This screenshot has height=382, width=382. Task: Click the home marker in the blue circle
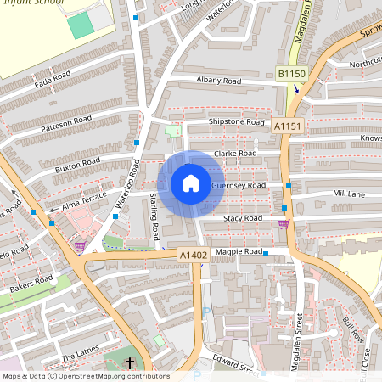click(191, 183)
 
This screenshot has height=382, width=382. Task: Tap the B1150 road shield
click(291, 76)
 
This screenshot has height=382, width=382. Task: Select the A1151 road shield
click(288, 126)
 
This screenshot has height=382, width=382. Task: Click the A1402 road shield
click(194, 254)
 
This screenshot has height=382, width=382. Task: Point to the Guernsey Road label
click(239, 185)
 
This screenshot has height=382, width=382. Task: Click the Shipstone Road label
click(238, 122)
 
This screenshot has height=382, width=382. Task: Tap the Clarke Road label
click(235, 154)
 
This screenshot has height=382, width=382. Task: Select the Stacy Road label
click(243, 218)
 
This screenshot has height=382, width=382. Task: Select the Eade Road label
click(53, 79)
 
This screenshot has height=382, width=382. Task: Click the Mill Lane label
click(348, 194)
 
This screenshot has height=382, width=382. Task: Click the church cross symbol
click(130, 363)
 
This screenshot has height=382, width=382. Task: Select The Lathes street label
click(80, 348)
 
